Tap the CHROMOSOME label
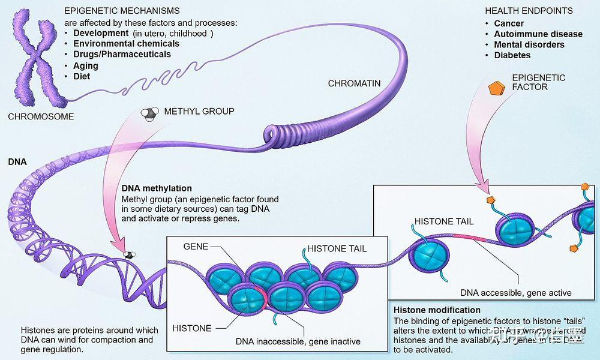(x=41, y=116)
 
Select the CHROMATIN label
(x=354, y=83)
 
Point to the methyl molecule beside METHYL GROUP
(x=149, y=113)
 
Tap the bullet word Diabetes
(x=512, y=55)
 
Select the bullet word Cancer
(x=509, y=23)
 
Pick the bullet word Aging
(x=86, y=65)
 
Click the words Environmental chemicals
(x=126, y=44)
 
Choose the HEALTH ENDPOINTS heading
(x=529, y=11)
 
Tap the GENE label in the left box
(x=196, y=247)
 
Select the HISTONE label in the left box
(x=192, y=328)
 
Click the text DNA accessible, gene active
(x=515, y=293)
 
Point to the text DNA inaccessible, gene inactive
(x=298, y=341)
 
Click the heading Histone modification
(x=437, y=310)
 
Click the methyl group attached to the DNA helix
(x=128, y=254)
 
